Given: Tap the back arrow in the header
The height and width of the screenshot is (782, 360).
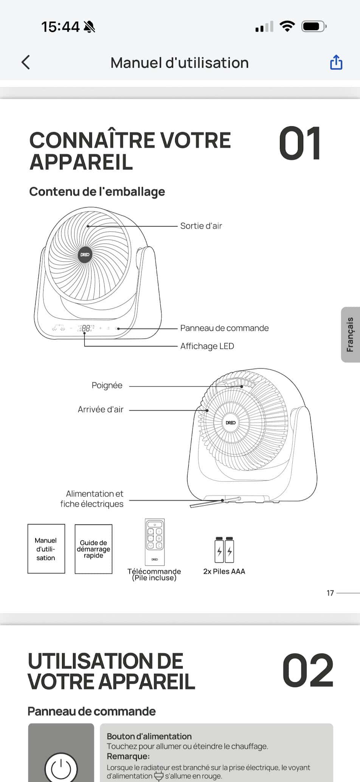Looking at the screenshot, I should tap(26, 62).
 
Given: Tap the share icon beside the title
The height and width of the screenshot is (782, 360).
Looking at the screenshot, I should tap(336, 62).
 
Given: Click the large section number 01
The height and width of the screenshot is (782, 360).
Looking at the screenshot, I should tap(300, 144).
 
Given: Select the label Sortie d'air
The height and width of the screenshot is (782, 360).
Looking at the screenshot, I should tap(201, 226).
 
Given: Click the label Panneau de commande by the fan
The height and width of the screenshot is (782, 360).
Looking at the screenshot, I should tap(224, 328).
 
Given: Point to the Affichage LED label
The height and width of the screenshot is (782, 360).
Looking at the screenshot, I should tap(207, 346).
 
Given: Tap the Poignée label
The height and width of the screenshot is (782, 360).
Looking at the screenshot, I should tap(107, 385).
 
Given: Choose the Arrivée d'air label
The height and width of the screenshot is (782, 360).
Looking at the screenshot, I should tap(101, 409).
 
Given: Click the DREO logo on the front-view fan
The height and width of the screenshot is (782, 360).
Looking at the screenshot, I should tap(85, 254).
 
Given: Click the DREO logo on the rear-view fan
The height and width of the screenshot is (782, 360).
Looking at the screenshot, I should tap(231, 422).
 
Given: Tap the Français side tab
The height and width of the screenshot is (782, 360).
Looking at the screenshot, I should tap(350, 335).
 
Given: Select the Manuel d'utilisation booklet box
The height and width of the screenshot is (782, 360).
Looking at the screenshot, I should tap(46, 549).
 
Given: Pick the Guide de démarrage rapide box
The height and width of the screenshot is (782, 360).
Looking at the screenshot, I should tap(93, 549).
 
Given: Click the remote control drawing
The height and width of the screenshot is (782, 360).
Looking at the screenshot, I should tap(155, 542).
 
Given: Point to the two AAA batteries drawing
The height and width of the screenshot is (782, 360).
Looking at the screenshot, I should tap(224, 550).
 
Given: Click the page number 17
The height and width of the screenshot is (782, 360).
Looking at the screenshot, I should tap(330, 593).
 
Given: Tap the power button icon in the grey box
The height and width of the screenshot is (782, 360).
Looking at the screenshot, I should tap(61, 768).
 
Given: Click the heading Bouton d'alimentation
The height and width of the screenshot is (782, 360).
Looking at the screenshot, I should tap(149, 736).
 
